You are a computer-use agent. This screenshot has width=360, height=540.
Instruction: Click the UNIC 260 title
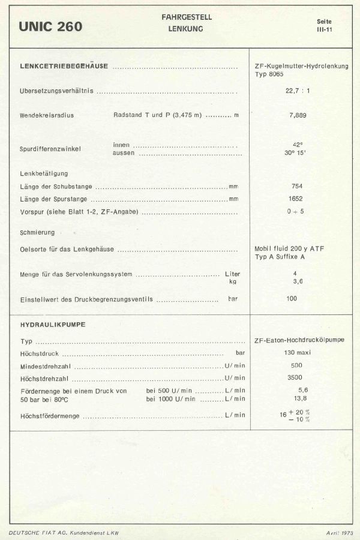50,26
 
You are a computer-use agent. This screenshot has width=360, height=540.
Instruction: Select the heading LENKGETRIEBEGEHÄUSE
64,66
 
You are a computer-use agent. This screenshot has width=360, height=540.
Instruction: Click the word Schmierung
37,232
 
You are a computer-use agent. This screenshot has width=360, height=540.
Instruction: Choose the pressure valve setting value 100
292,298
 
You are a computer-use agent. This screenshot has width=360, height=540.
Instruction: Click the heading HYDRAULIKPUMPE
53,325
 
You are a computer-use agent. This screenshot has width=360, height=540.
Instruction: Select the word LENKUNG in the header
187,28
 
